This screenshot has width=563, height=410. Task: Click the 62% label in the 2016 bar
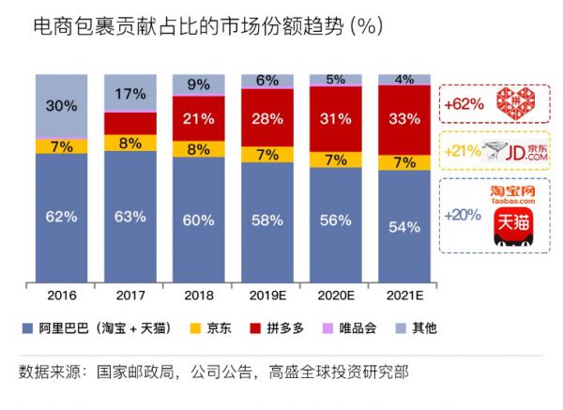pyautogui.click(x=61, y=217)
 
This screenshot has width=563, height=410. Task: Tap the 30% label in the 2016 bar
pyautogui.click(x=61, y=106)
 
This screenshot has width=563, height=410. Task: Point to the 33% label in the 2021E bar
pyautogui.click(x=403, y=118)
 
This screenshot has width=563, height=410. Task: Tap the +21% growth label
pyautogui.click(x=462, y=150)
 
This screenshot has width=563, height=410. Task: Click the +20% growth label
pyautogui.click(x=462, y=215)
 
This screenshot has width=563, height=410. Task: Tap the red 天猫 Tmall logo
pyautogui.click(x=512, y=231)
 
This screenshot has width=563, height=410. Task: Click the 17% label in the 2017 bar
pyautogui.click(x=130, y=94)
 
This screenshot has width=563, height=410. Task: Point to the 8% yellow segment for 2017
pyautogui.click(x=130, y=143)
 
